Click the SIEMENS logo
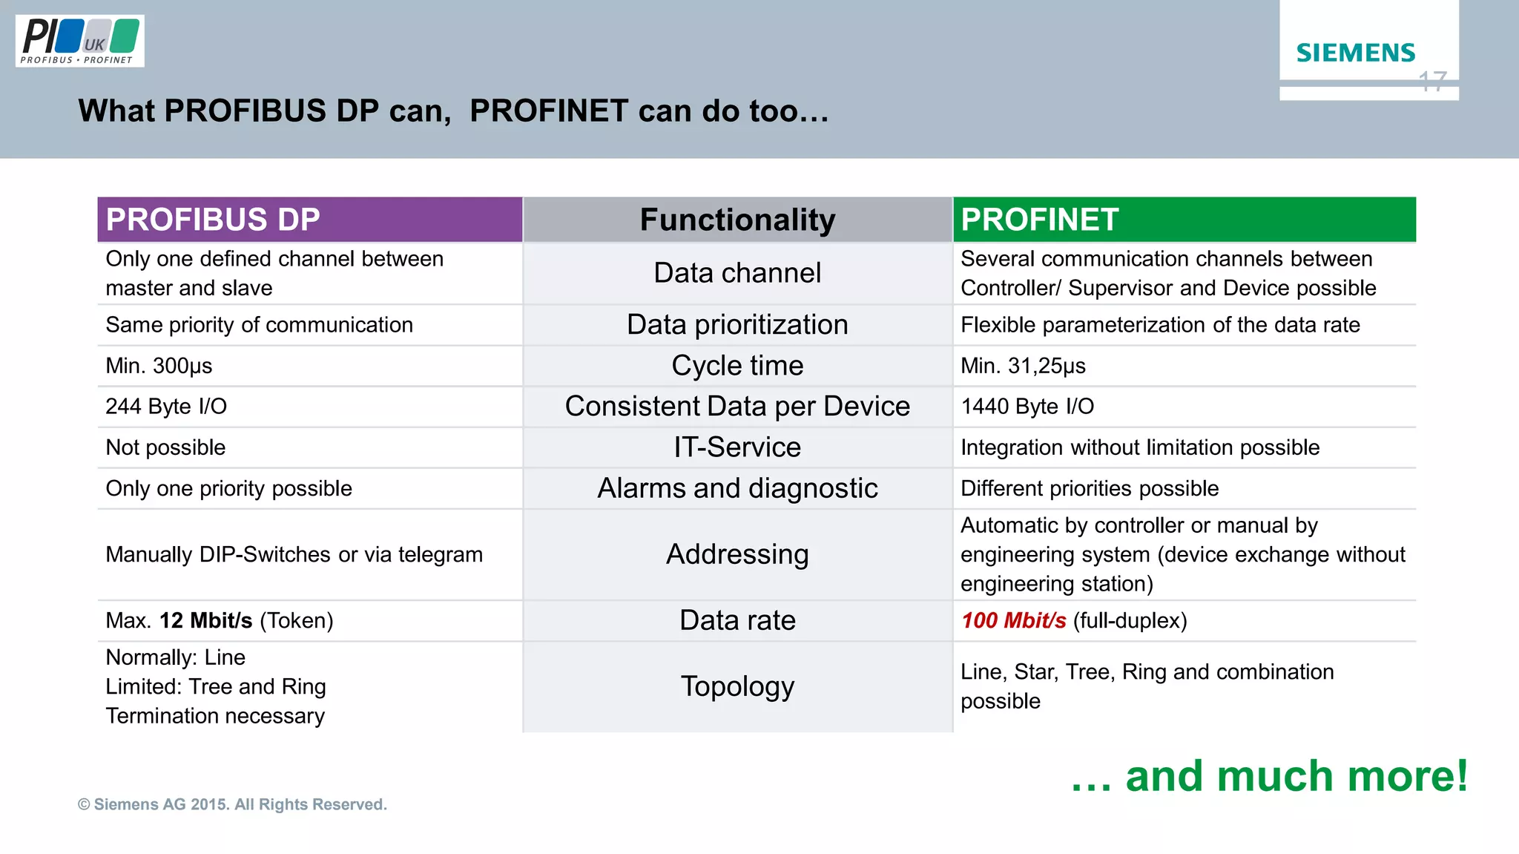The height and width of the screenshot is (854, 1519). coord(1355,53)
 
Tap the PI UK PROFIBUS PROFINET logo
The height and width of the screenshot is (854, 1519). coord(79,41)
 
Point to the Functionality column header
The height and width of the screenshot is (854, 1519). coord(737,220)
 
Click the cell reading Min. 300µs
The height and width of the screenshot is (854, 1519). coord(159,366)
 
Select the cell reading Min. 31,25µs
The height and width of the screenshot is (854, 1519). coord(1023,366)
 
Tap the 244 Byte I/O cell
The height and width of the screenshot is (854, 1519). coord(166,407)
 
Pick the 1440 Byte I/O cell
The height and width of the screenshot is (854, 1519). coord(1027,407)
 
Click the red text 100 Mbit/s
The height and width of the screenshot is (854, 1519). coord(1013,620)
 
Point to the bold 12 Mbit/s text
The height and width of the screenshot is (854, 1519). coord(205,620)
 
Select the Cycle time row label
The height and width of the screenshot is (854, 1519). coord(737,366)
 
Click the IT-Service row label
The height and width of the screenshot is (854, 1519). coord(737,447)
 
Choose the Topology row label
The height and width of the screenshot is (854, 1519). coord(737,686)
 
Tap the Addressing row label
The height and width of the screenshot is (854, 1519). coord(737,554)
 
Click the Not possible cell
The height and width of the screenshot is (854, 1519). coord(165,447)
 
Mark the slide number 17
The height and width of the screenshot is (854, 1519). coord(1432,81)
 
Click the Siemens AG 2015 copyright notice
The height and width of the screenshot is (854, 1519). coord(232,804)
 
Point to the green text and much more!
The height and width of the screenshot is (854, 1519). coord(1269,776)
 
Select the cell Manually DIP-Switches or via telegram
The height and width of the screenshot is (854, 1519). coord(294,554)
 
